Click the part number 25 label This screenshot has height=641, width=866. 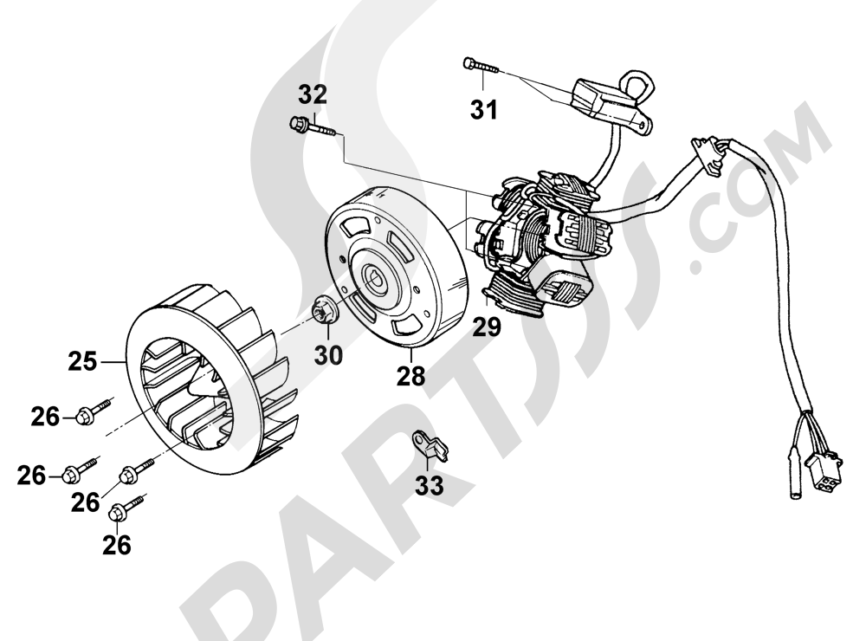pyautogui.click(x=82, y=362)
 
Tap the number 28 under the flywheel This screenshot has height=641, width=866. pyautogui.click(x=410, y=376)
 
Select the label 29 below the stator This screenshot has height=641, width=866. pyautogui.click(x=487, y=327)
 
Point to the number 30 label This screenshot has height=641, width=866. pyautogui.click(x=328, y=355)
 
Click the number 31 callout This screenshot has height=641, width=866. pyautogui.click(x=484, y=109)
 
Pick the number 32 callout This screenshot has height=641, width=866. pyautogui.click(x=313, y=94)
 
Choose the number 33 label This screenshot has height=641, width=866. pyautogui.click(x=430, y=486)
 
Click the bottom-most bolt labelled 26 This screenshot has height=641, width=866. pyautogui.click(x=127, y=508)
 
